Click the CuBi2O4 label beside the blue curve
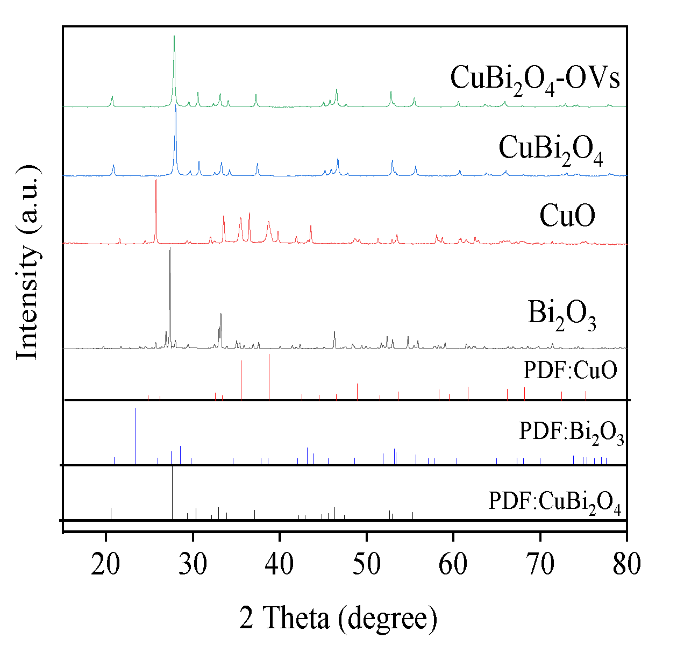551,148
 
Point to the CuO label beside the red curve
567,216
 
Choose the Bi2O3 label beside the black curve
562,314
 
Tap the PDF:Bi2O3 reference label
571,432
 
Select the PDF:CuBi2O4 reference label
554,502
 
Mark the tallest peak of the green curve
174,37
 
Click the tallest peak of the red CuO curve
156,181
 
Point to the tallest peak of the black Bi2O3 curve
170,249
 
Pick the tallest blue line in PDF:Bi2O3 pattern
136,410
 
